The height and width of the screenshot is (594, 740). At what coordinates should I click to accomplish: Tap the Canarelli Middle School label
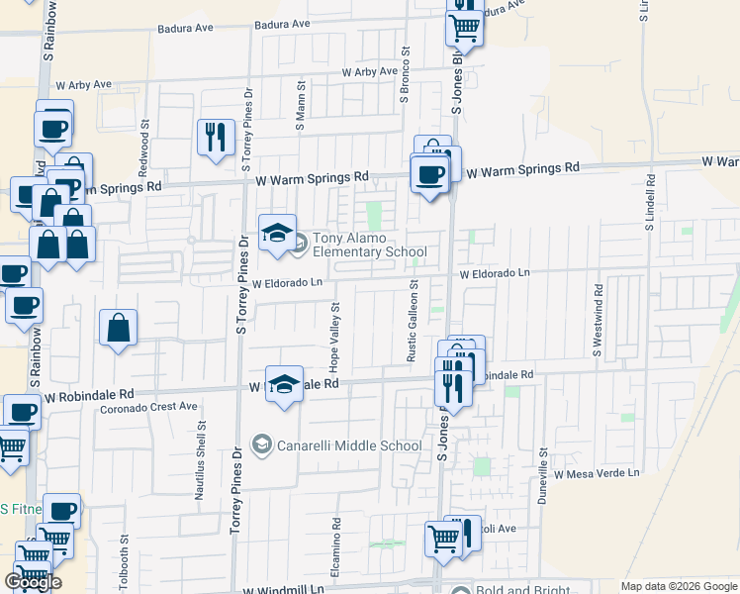pyautogui.click(x=351, y=445)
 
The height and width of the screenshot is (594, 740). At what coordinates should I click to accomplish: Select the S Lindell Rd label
pyautogui.click(x=650, y=203)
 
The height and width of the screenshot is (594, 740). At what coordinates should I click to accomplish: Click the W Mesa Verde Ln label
pyautogui.click(x=597, y=474)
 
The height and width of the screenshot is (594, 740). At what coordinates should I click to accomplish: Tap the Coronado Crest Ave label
pyautogui.click(x=150, y=406)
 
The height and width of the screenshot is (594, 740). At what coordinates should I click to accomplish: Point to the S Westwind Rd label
pyautogui.click(x=599, y=321)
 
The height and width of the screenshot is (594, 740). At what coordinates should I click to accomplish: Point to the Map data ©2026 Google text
pyautogui.click(x=678, y=586)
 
